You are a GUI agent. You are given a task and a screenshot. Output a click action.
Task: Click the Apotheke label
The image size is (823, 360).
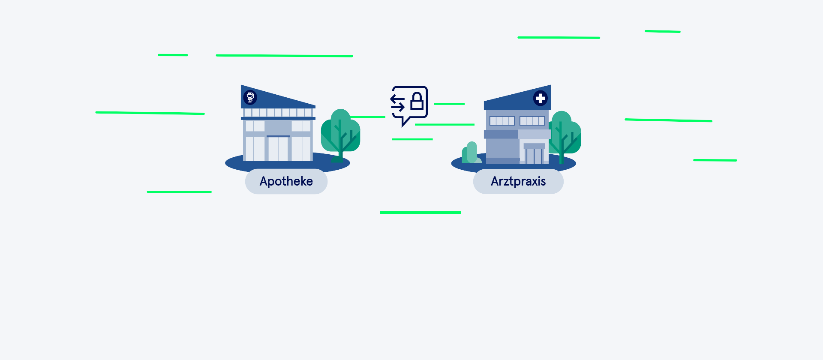coord(286,181)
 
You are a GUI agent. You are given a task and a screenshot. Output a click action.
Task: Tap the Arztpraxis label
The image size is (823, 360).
coord(518,181)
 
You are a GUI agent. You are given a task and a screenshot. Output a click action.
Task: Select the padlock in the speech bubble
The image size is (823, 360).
coord(417,101)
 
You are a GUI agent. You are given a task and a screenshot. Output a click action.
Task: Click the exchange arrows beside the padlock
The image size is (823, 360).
coord(397,103)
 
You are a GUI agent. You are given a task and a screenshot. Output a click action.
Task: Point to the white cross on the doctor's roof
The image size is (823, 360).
coord(540,98)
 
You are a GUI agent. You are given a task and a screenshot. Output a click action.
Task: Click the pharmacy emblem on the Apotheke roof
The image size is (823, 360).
coord(250,97)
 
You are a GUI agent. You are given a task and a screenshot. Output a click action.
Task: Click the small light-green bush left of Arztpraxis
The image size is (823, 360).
coord(471,153)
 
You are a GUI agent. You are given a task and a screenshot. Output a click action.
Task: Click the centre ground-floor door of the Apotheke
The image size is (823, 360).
coord(278,149)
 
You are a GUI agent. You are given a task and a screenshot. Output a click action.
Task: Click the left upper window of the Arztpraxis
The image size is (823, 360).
coord(502,121)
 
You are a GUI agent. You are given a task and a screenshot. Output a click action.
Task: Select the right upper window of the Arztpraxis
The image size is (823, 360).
coord(532,121)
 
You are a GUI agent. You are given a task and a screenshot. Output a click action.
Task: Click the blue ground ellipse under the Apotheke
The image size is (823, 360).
coord(287,163)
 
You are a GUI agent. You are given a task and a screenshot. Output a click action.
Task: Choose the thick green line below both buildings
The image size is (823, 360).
coord(421,213)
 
